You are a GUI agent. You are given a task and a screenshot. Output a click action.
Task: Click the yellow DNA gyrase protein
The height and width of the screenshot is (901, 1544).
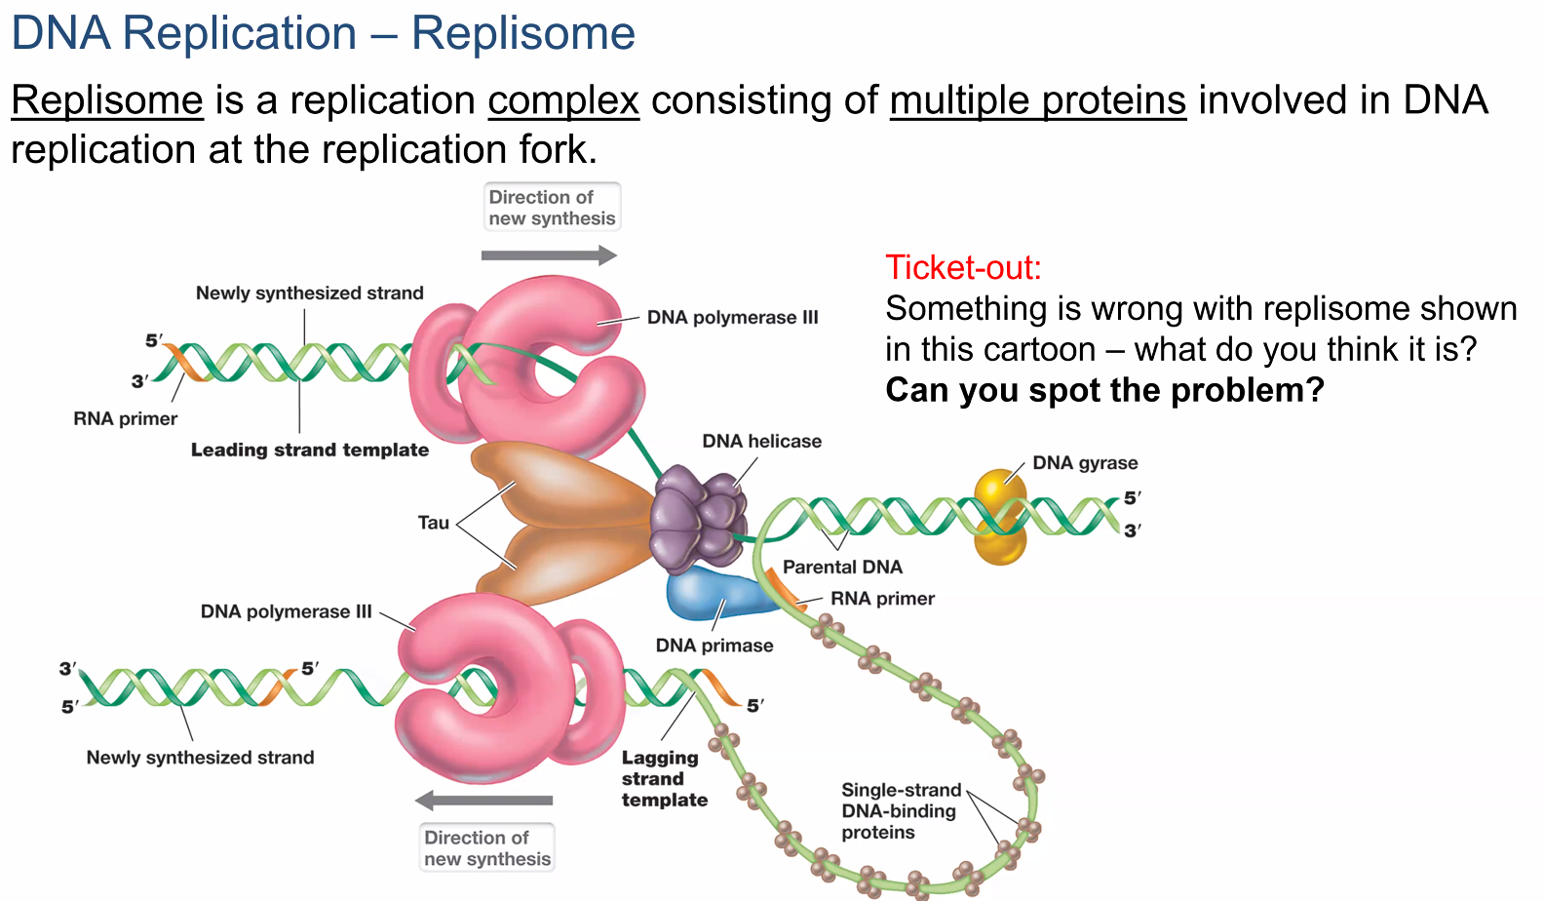click(x=1000, y=517)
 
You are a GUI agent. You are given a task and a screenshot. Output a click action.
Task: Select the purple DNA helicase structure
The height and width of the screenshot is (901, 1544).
click(x=698, y=517)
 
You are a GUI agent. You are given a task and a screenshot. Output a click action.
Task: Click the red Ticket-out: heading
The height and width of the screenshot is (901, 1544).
click(x=963, y=267)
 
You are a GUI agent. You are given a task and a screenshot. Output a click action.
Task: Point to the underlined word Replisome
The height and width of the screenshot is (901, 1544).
click(x=107, y=100)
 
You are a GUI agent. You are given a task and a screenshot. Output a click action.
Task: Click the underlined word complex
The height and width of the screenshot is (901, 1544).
click(x=563, y=100)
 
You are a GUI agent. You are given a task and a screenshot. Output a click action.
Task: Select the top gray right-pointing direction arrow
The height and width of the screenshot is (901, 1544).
click(x=549, y=255)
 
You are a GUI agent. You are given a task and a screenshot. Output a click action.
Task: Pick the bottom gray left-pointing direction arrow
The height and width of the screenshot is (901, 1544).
click(x=484, y=801)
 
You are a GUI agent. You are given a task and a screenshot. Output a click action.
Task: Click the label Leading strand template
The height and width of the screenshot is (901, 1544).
click(x=310, y=450)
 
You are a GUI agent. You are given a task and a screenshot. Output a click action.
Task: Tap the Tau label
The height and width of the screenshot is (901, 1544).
click(x=434, y=523)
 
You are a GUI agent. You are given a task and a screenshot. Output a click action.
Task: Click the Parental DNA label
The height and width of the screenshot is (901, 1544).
click(x=842, y=567)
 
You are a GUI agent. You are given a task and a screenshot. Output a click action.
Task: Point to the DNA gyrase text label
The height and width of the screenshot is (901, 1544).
click(x=1085, y=463)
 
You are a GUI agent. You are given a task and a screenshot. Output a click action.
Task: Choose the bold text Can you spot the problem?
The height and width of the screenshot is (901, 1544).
click(x=1104, y=390)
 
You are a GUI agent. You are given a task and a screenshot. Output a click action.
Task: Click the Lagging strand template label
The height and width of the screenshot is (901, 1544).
click(x=664, y=778)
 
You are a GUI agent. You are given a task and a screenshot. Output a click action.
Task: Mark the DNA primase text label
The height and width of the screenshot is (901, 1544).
click(x=714, y=646)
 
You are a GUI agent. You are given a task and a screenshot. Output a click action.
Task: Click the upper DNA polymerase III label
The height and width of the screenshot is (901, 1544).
click(x=732, y=317)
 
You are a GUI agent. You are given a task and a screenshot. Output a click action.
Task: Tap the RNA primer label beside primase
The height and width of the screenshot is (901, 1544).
click(x=882, y=599)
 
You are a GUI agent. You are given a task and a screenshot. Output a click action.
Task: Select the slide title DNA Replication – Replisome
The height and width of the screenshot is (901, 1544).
click(x=323, y=34)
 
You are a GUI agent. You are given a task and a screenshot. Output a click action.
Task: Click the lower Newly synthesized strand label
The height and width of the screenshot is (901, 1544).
click(x=200, y=758)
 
